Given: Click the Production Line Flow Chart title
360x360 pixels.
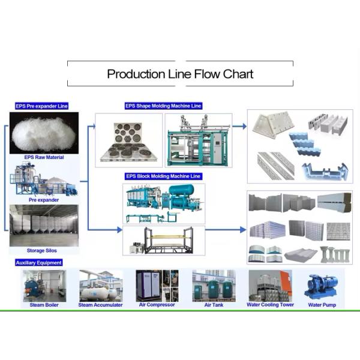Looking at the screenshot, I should click(180, 74).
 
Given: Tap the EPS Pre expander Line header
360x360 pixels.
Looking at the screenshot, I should click(42, 106).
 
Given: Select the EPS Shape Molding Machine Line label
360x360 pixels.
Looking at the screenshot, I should click(164, 106).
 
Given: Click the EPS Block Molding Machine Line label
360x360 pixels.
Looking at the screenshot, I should click(164, 176).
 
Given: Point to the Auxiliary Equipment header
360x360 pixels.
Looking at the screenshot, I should click(38, 263).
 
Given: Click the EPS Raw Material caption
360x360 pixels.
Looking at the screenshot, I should click(44, 157).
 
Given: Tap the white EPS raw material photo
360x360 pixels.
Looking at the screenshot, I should click(44, 133).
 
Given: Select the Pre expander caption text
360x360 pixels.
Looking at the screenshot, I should click(44, 200).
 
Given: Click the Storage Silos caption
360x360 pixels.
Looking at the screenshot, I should click(44, 250).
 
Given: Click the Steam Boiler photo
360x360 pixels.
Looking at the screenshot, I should click(44, 285).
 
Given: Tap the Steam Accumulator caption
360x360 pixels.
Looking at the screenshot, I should click(100, 305).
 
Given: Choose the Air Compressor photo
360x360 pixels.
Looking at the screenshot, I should click(157, 285).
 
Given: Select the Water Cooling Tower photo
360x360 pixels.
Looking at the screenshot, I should click(270, 285).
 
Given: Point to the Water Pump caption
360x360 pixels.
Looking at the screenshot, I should click(322, 305).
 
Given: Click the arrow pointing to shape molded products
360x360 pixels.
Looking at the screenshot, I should click(239, 127).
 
